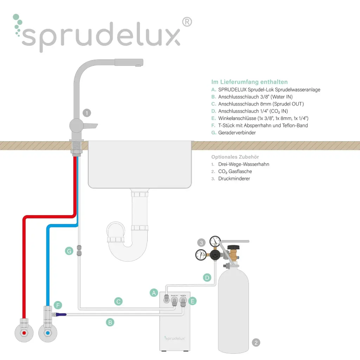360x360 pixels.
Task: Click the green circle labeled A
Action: tap(153, 292)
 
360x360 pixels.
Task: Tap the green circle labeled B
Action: tap(110, 322)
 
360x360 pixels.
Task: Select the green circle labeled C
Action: tap(118, 301)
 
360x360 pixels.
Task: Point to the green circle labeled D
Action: tap(207, 278)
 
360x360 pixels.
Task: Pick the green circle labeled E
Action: tap(192, 301)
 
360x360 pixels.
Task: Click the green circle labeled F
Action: tap(58, 305)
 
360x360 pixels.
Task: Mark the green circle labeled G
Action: tap(69, 251)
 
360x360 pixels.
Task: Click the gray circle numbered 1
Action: tap(86, 113)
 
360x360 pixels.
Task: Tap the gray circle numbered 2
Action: tap(256, 342)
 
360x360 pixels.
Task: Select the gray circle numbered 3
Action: tap(201, 243)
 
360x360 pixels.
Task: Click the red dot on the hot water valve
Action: tap(24, 332)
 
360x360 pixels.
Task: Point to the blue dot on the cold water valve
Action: tap(47, 332)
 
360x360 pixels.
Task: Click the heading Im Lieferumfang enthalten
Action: tap(249, 82)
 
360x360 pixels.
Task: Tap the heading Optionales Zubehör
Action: tap(235, 157)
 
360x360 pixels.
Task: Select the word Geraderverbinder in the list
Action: tap(237, 133)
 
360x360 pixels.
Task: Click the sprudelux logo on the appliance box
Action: tap(175, 338)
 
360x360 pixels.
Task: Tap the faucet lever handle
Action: tap(91, 126)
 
